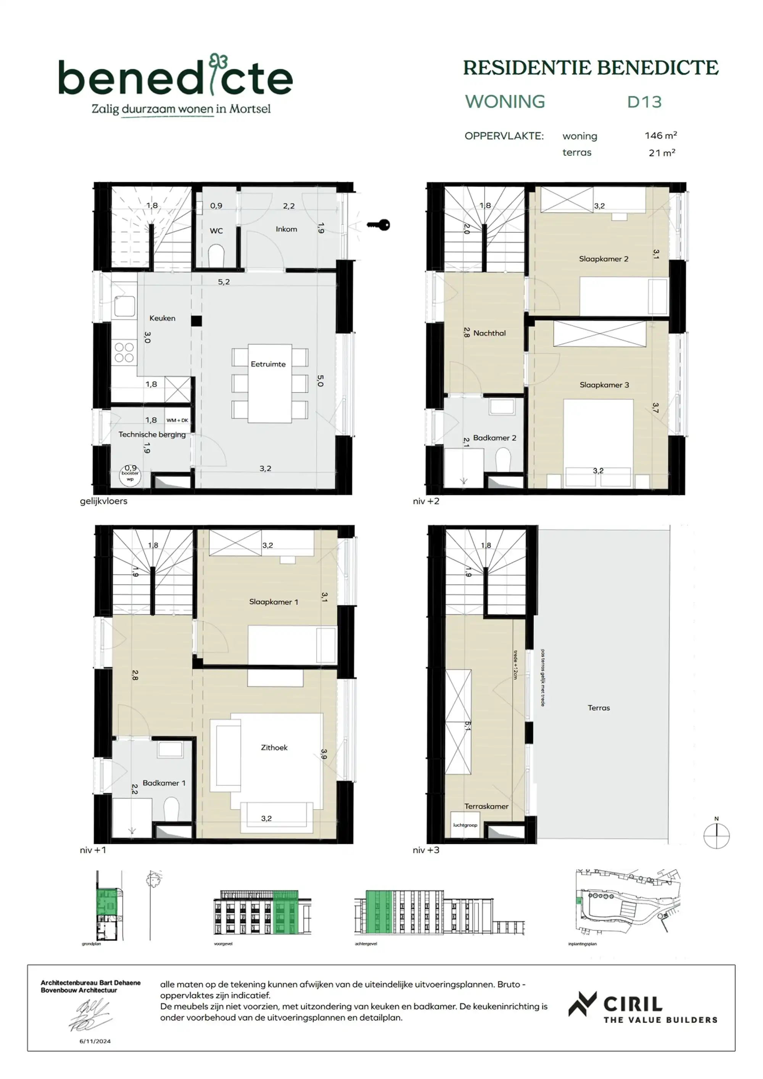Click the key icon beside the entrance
coord(379,225)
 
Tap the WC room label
coord(216,231)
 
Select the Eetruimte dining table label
coord(268,364)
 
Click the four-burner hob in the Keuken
coord(124,352)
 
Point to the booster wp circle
coord(130,475)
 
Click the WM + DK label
coord(177,420)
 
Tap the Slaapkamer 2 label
coord(603,259)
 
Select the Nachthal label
coord(489,333)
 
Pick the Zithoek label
coord(274,748)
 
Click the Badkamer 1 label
coord(164,783)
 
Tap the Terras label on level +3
coord(599,708)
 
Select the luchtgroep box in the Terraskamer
coord(465,825)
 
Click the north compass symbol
coord(716,836)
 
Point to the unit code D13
coord(644,102)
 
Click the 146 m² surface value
coord(660,136)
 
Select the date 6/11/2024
coord(95,1041)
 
